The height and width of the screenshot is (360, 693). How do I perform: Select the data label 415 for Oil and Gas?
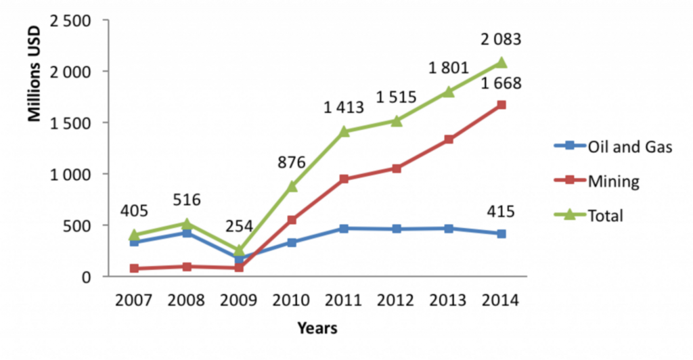point(501,211)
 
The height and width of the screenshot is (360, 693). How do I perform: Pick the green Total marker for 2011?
point(344,131)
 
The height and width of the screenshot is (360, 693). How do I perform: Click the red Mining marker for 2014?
point(501,105)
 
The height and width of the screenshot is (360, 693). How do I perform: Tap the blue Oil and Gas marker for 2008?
point(187,233)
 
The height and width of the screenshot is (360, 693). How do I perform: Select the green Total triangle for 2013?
point(449,91)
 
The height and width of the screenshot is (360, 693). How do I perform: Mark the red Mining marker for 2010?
point(292,220)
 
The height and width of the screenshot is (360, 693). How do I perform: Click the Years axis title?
point(317,329)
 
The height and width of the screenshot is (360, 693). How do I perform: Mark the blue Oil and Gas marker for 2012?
point(397,229)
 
